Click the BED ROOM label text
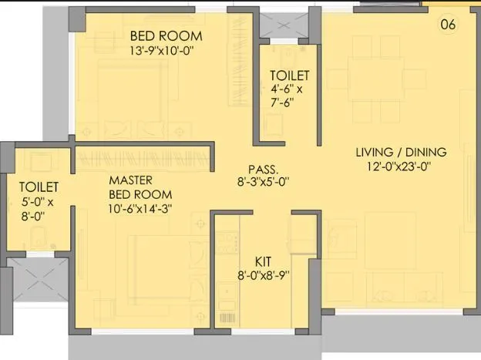166,35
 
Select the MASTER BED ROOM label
140,187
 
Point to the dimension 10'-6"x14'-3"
140,209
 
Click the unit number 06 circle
448,24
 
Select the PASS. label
263,170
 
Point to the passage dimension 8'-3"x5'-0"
263,183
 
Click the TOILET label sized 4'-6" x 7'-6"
290,76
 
